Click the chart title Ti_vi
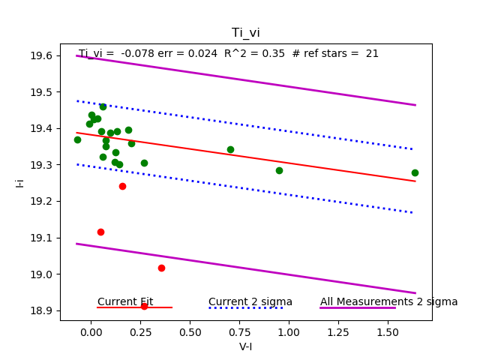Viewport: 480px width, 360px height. click(x=245, y=32)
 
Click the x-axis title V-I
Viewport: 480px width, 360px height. click(x=245, y=347)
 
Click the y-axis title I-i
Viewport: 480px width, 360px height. click(x=20, y=182)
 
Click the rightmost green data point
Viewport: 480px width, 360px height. click(x=415, y=172)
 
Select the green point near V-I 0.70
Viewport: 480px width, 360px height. click(x=230, y=149)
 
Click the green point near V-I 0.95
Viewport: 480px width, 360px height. click(x=279, y=170)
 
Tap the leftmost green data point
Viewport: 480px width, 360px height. click(x=77, y=139)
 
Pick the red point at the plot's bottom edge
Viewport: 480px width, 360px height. click(x=144, y=306)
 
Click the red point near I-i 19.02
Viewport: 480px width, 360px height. click(x=161, y=268)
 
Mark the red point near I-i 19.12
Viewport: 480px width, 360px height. click(x=100, y=232)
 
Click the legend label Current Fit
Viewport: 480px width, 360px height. click(x=125, y=301)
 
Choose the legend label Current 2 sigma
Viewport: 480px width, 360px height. click(x=250, y=301)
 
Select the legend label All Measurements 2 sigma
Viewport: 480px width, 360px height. click(x=388, y=301)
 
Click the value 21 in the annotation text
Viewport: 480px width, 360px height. click(x=372, y=53)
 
